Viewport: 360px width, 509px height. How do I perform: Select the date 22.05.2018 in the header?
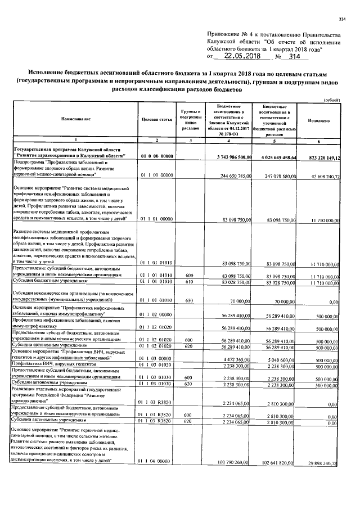tap(242, 56)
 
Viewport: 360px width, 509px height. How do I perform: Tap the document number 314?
tap(295, 56)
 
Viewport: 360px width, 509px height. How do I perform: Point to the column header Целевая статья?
tap(156, 120)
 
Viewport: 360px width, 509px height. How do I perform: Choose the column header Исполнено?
tap(318, 120)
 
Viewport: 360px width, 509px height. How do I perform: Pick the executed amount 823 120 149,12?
tap(320, 156)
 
